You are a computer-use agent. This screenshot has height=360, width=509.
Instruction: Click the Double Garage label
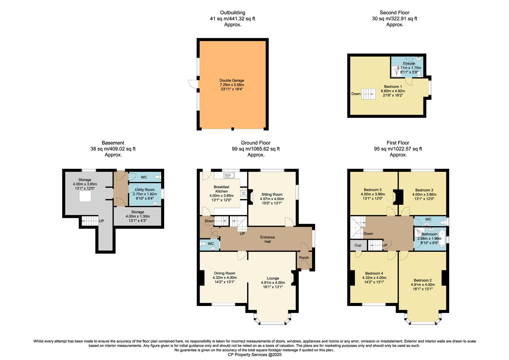coord(232,80)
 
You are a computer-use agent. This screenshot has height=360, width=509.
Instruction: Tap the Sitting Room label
coord(272,194)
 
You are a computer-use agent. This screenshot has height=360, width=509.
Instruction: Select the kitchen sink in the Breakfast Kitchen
coord(229,175)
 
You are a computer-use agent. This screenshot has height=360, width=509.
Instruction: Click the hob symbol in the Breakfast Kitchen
coord(243,193)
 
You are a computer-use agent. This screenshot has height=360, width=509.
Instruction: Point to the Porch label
coord(304,258)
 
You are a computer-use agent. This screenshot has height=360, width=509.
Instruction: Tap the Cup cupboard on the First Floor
coord(358,245)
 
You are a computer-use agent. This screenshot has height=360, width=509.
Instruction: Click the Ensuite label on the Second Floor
coord(409,63)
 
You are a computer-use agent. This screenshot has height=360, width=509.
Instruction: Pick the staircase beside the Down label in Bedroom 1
coord(368,94)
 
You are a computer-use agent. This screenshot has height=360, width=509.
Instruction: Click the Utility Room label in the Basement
coord(145,190)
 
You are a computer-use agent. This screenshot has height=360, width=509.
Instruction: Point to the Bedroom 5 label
coord(372,190)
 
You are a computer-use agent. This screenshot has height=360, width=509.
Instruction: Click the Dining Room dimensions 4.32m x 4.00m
coord(225,277)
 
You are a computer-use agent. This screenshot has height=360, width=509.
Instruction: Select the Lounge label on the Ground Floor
coord(273,278)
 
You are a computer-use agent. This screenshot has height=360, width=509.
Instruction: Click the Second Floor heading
coord(394,13)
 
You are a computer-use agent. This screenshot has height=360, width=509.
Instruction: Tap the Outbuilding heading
coord(233,13)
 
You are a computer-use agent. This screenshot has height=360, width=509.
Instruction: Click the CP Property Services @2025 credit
coord(254,355)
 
